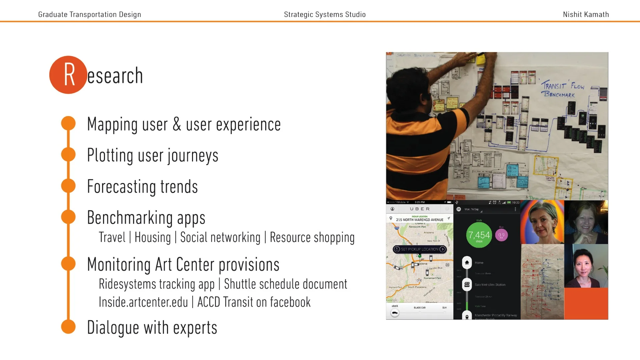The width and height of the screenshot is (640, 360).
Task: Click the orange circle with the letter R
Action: [x=68, y=75]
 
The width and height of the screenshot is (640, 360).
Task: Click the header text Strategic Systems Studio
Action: [x=325, y=14]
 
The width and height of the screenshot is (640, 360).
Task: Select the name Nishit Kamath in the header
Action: [x=586, y=14]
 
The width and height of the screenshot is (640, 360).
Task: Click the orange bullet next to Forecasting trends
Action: [x=68, y=186]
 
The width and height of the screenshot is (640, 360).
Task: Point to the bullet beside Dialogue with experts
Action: [x=68, y=327]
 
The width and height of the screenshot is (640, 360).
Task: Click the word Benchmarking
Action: [x=130, y=218]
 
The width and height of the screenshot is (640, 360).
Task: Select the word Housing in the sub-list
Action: [x=153, y=238]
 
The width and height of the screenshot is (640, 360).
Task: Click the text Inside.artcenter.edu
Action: [x=143, y=302]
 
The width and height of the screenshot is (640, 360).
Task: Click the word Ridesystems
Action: [x=127, y=284]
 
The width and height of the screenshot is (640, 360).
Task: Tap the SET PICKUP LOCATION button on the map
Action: [x=420, y=249]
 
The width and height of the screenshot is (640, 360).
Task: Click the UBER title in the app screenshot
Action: [x=420, y=209]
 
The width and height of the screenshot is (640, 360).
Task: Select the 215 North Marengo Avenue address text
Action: [x=419, y=220]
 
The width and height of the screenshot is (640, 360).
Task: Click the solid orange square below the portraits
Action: [x=586, y=303]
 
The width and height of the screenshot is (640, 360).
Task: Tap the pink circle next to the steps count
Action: [x=501, y=235]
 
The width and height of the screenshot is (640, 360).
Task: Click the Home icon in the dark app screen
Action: [x=467, y=262]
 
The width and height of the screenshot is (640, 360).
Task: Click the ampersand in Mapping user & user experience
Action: [x=177, y=124]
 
